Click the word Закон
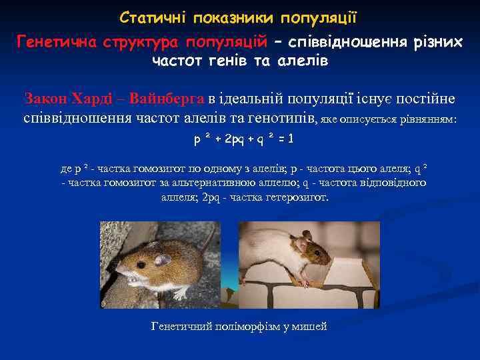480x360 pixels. click(x=46, y=99)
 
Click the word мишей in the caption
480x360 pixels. click(x=310, y=326)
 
